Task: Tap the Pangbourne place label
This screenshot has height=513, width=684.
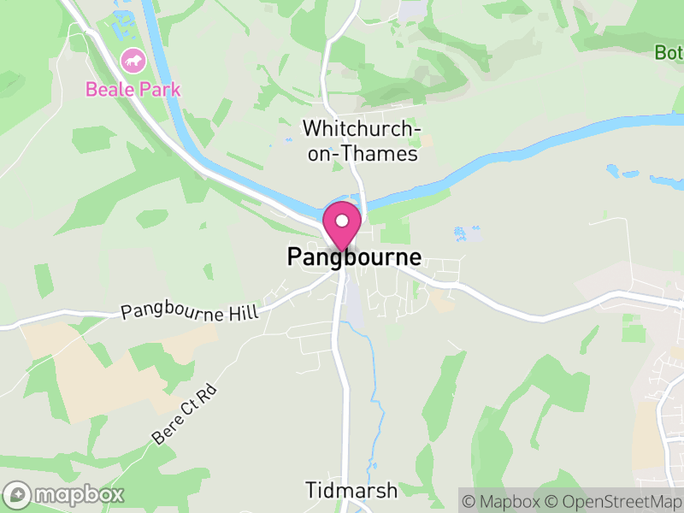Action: [x=354, y=257]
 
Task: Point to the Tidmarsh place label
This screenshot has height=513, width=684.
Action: [x=351, y=490]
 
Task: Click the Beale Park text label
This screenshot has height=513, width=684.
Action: [x=133, y=89]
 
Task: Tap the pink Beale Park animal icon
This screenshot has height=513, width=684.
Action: [x=133, y=61]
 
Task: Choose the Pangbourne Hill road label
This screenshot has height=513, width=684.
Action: [x=189, y=309]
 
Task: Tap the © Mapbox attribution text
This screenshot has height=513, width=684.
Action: [x=504, y=502]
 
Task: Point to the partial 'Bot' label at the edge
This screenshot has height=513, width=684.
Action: [x=669, y=52]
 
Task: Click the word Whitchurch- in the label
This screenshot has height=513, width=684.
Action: [x=363, y=129]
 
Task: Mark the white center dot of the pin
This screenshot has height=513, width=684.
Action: [x=342, y=221]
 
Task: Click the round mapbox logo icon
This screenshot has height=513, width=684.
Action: [x=19, y=494]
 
